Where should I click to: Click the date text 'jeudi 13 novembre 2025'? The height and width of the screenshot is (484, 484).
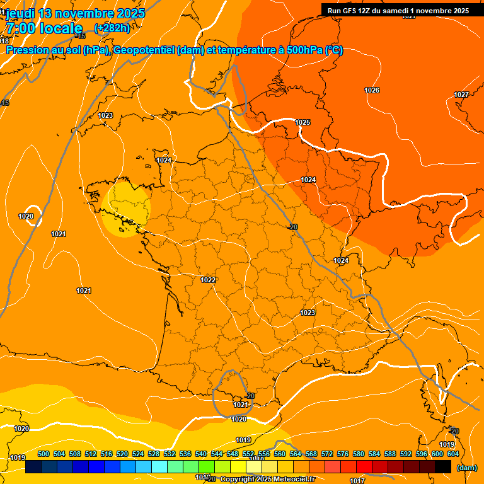point(75,13)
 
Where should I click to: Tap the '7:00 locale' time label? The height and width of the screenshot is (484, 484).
point(44,28)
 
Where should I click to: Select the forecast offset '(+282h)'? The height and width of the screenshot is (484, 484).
point(112,28)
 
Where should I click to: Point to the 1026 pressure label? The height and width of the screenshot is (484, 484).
point(372,90)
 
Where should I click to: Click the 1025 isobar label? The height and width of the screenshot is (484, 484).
point(302,122)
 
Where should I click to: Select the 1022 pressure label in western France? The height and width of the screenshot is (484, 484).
point(208,280)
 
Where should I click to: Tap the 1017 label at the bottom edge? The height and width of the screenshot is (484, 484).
point(357,480)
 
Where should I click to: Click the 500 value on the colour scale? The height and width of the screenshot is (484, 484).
point(43,454)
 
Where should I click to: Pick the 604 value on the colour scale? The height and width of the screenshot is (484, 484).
point(452,454)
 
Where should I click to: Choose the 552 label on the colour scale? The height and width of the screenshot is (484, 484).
point(248,454)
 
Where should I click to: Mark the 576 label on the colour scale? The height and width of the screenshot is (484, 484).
point(343,454)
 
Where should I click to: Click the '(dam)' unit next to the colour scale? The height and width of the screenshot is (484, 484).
point(466,468)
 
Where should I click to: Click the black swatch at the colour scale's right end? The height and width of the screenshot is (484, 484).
point(443,467)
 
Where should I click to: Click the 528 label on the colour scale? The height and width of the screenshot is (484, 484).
point(154,454)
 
